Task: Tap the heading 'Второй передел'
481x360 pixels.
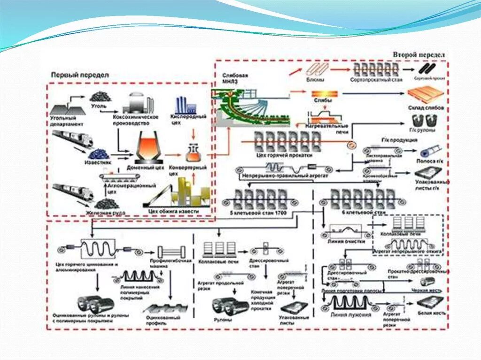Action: pyautogui.click(x=419, y=54)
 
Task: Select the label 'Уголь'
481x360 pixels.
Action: pyautogui.click(x=99, y=106)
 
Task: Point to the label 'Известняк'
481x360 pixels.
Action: pyautogui.click(x=97, y=162)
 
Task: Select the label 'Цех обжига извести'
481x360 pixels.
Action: pyautogui.click(x=173, y=212)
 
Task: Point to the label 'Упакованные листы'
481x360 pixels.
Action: pyautogui.click(x=295, y=321)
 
